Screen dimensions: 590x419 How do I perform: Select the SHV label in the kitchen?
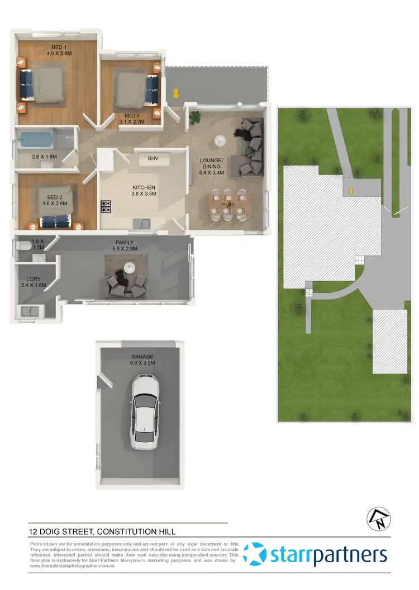153,159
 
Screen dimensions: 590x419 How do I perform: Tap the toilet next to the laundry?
23,245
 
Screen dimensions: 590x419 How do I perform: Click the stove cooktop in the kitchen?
106,206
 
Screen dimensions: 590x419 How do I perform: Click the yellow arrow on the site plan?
351,192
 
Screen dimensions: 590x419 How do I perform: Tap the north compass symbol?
376,519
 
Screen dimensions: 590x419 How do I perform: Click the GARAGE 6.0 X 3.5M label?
142,360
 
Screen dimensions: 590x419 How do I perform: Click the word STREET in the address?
75,532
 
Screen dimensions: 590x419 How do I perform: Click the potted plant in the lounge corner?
196,117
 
